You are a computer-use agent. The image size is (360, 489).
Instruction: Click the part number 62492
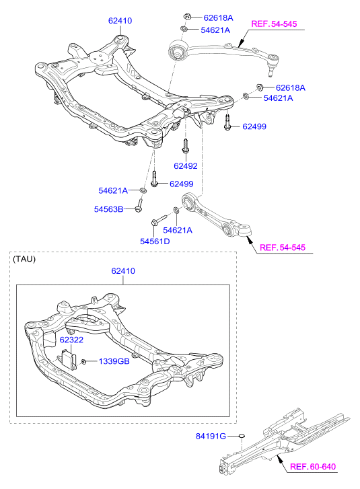(x=186, y=166)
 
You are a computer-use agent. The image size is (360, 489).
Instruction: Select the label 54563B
(x=108, y=209)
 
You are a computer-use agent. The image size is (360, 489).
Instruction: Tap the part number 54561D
(x=155, y=241)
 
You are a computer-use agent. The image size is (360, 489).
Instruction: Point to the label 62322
(x=71, y=340)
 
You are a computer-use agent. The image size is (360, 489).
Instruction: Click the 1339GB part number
(x=114, y=361)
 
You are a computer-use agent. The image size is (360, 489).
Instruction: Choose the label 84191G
(x=211, y=436)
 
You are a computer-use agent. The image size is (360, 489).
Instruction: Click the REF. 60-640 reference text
(x=313, y=467)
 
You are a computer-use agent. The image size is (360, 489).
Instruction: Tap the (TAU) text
(x=24, y=259)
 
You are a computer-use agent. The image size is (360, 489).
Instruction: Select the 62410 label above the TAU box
(x=123, y=270)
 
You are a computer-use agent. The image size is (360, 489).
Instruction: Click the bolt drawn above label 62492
(x=185, y=146)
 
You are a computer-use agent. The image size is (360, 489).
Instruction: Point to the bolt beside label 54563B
(x=139, y=205)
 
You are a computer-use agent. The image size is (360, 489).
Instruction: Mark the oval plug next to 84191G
(x=242, y=436)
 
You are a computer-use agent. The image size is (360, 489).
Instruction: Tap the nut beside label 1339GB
(x=83, y=362)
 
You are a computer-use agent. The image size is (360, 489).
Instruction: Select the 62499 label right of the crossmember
(x=254, y=126)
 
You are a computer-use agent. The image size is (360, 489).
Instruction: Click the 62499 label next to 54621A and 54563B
(x=182, y=184)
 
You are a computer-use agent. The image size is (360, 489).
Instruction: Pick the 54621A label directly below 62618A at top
(x=215, y=30)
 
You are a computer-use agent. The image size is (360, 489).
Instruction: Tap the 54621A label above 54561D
(x=178, y=230)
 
